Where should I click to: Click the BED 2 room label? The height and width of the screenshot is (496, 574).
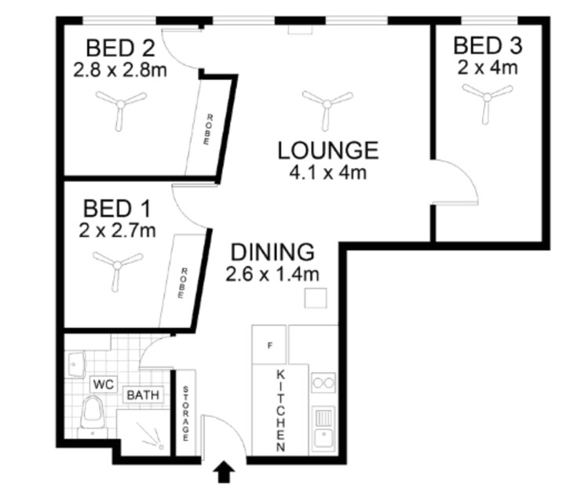click(x=119, y=47)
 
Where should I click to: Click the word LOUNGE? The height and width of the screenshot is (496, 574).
click(x=327, y=150)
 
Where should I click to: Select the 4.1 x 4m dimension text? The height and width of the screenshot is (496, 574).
click(x=327, y=172)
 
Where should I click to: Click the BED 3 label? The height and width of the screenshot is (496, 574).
click(x=487, y=46)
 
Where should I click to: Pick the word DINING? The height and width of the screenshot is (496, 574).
click(x=272, y=253)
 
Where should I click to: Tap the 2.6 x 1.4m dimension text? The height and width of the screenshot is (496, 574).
click(x=272, y=274)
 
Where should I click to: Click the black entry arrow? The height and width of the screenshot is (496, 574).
click(x=224, y=472)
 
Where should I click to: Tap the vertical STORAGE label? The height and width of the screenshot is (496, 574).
click(x=185, y=413)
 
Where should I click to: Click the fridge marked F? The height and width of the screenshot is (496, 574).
click(x=269, y=345)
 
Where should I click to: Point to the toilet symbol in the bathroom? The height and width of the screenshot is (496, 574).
click(x=93, y=415)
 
